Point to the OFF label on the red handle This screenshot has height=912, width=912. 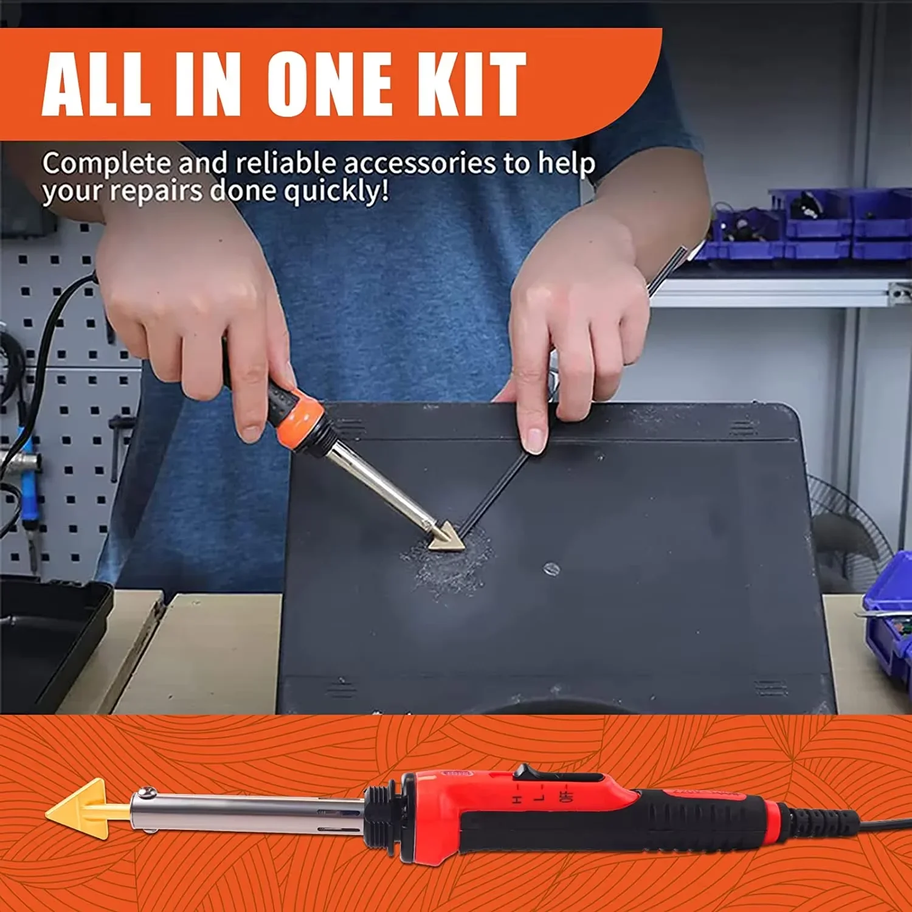point(568,796)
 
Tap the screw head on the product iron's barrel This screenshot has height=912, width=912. point(144,793)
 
